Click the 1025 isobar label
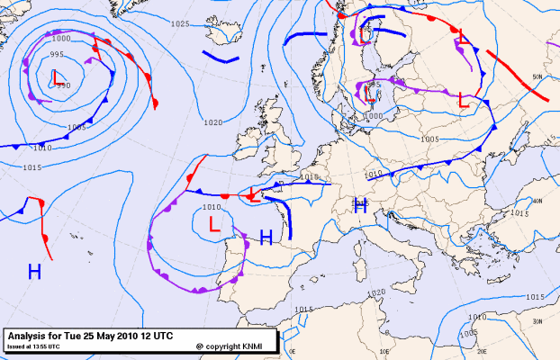pyautogui.click(x=180, y=23)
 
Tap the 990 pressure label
pyautogui.click(x=63, y=85)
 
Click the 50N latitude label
pyautogui.click(x=537, y=77)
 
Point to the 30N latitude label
pyautogui.click(x=537, y=321)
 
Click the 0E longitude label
pyautogui.click(x=294, y=351)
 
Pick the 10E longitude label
pyautogui.click(x=383, y=351)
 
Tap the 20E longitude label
pyautogui.click(x=482, y=351)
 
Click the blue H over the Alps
pyautogui.click(x=361, y=205)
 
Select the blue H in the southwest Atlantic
pyautogui.click(x=34, y=271)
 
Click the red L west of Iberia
pyautogui.click(x=214, y=225)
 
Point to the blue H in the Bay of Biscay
pyautogui.click(x=266, y=238)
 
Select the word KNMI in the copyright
pyautogui.click(x=250, y=346)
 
